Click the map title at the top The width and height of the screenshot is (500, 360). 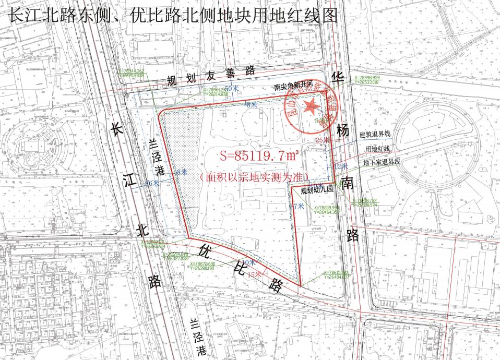(173, 15)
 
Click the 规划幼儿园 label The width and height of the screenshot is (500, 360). (313, 190)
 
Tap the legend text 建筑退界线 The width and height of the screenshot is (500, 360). (375, 134)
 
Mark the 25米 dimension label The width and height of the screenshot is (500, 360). (322, 140)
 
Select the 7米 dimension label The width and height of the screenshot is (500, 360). (299, 207)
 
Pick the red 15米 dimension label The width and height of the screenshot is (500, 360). (254, 274)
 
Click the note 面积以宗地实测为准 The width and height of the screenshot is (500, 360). (254, 177)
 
